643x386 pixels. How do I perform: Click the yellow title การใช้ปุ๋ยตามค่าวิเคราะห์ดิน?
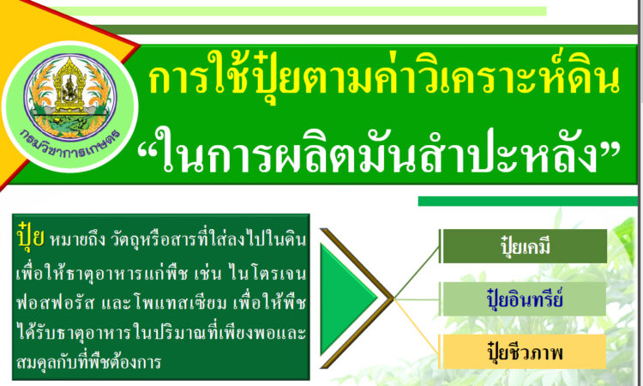(384, 78)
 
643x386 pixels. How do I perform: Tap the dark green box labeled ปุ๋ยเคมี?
(524, 246)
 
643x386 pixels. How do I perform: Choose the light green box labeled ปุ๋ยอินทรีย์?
(524, 299)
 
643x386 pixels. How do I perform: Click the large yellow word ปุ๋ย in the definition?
(31, 236)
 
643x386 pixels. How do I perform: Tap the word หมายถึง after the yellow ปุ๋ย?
(76, 239)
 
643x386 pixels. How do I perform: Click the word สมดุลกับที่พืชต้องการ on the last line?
(89, 362)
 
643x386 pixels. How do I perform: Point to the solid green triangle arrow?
(348, 299)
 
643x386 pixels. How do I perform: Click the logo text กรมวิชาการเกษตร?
(70, 143)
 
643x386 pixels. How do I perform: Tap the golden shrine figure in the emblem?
(69, 86)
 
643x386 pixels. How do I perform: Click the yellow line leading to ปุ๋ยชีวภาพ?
(417, 326)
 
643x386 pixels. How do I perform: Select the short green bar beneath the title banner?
(528, 201)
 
